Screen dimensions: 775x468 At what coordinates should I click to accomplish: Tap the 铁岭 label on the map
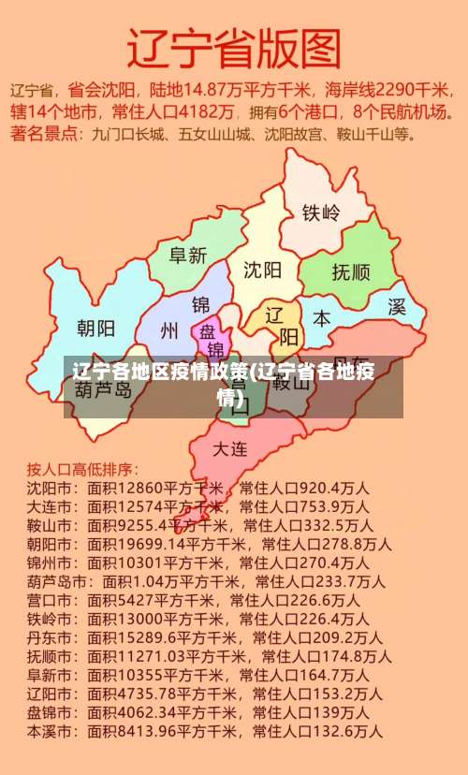(321, 212)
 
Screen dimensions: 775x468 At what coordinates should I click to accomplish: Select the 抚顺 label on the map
(351, 272)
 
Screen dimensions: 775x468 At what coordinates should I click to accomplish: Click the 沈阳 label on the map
(263, 271)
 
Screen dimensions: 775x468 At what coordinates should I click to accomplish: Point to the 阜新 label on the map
(187, 255)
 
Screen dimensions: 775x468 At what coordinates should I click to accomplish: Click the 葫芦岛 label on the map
(103, 388)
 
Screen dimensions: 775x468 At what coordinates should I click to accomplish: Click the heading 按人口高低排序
(82, 468)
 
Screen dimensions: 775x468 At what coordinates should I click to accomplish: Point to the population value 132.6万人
(348, 731)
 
